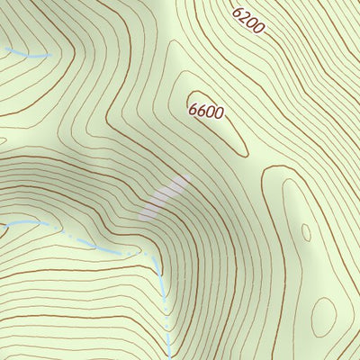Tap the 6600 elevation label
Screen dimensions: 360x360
pyautogui.click(x=206, y=110)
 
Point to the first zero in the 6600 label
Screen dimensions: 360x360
pyautogui.click(x=211, y=112)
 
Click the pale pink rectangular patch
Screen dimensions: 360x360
pyautogui.click(x=166, y=196)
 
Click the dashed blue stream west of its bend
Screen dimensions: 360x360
pyautogui.click(x=81, y=238)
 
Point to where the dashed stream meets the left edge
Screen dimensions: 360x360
pyautogui.click(x=2, y=222)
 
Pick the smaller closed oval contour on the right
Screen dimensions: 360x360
pyautogui.click(x=306, y=232)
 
